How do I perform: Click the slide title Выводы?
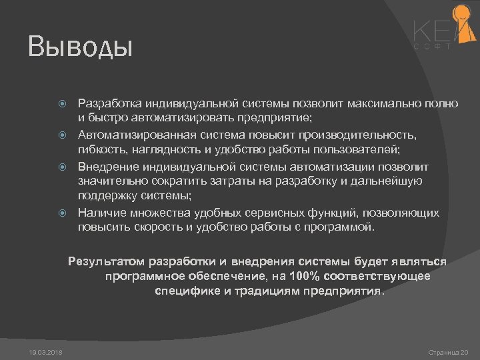pyautogui.click(x=81, y=47)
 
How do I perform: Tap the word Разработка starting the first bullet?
pyautogui.click(x=108, y=103)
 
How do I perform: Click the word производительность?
pyautogui.click(x=361, y=135)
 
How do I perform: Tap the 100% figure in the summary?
pyautogui.click(x=303, y=276)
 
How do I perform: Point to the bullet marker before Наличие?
pyautogui.click(x=62, y=213)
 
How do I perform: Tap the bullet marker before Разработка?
pyautogui.click(x=62, y=104)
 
